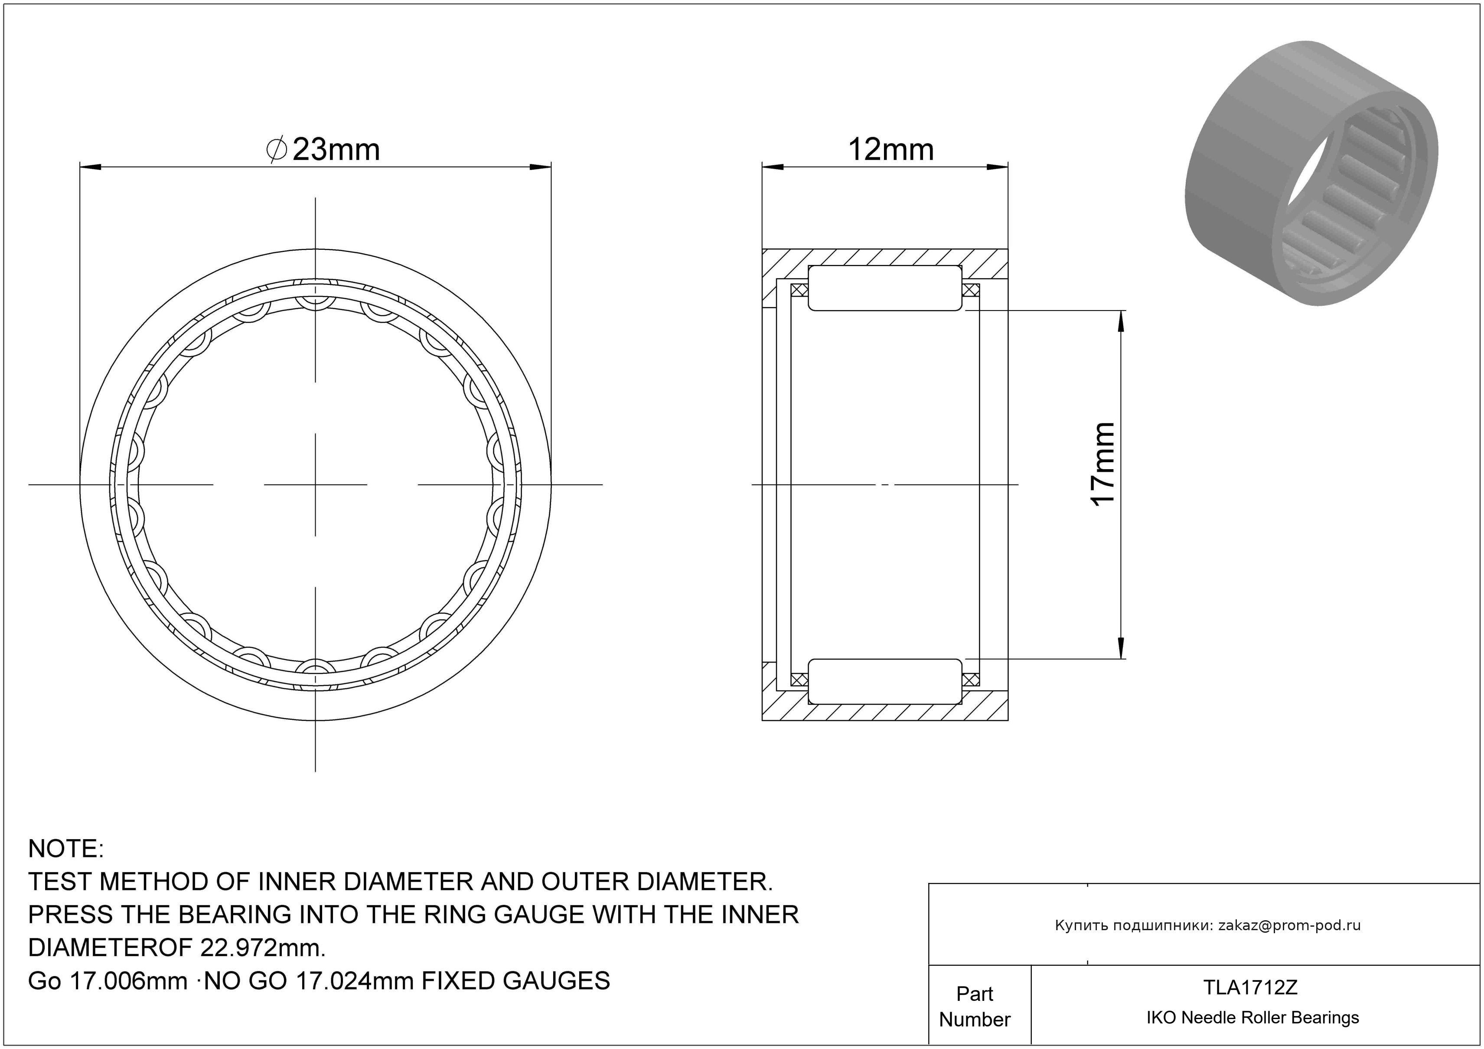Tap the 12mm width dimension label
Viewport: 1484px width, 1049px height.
point(890,150)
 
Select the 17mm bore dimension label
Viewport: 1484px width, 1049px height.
point(1102,464)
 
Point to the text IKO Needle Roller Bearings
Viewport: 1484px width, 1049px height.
point(1252,1018)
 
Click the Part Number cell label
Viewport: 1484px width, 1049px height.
point(975,1007)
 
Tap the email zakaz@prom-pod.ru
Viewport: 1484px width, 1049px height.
point(1289,925)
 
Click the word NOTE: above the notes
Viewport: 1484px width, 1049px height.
point(66,849)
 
